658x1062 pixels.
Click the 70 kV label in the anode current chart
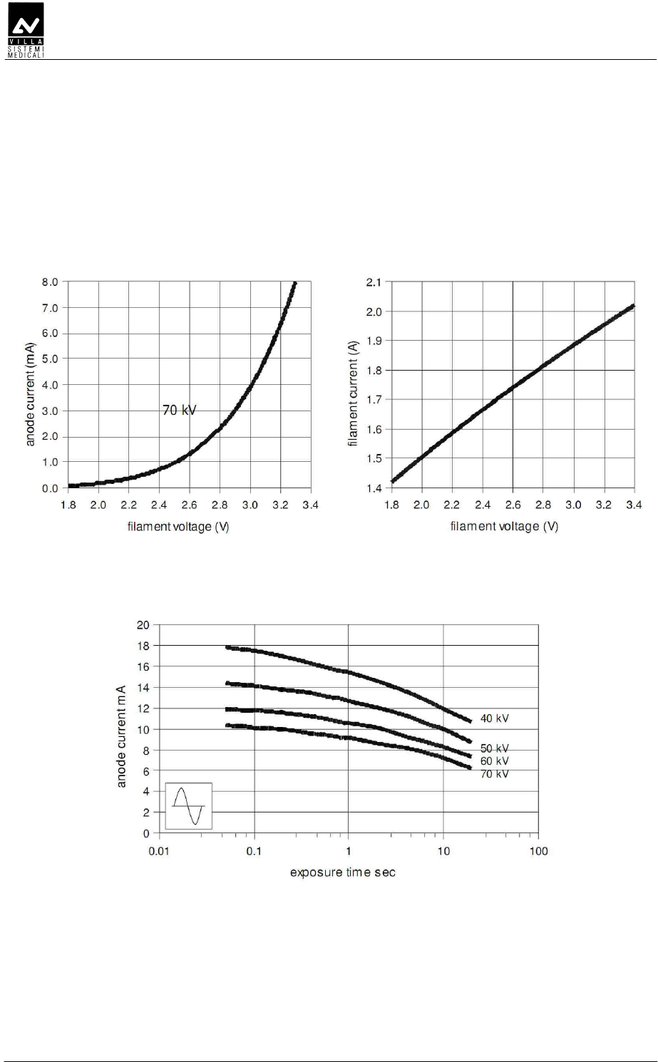click(179, 411)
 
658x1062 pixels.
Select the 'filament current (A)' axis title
click(353, 386)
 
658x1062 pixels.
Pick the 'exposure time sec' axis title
click(342, 872)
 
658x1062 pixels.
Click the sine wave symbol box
click(189, 805)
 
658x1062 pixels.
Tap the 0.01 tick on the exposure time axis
click(159, 851)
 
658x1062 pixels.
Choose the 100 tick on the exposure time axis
click(538, 851)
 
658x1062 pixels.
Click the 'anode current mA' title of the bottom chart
click(121, 736)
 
